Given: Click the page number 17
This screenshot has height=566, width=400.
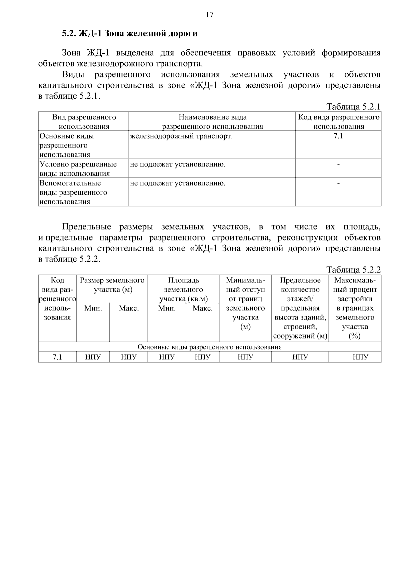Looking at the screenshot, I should [x=209, y=15].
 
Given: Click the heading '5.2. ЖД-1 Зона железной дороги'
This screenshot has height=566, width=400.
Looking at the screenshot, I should [x=130, y=34].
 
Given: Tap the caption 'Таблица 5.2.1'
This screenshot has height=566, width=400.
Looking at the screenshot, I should [x=353, y=107].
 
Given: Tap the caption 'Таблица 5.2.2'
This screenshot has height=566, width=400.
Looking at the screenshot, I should [x=353, y=270].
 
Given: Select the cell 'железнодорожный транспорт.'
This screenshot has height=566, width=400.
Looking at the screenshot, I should [x=181, y=136].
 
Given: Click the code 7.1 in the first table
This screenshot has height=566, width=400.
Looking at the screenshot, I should [x=338, y=136].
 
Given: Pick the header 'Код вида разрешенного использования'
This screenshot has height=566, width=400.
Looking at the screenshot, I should [x=338, y=122].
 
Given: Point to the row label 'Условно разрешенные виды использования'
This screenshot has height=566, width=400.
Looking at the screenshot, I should [x=78, y=169].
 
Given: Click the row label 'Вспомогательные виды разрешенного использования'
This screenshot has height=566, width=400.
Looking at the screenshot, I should [x=74, y=192].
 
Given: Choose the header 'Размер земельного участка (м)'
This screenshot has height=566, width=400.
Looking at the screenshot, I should [x=112, y=285].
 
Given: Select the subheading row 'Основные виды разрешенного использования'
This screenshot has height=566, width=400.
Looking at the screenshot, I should [x=210, y=347].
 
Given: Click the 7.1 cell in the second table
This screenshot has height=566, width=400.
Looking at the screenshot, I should [x=57, y=358].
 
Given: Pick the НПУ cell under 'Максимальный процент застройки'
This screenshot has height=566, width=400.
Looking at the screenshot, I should [x=360, y=358].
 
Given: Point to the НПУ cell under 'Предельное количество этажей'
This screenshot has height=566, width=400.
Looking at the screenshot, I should [x=300, y=358].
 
